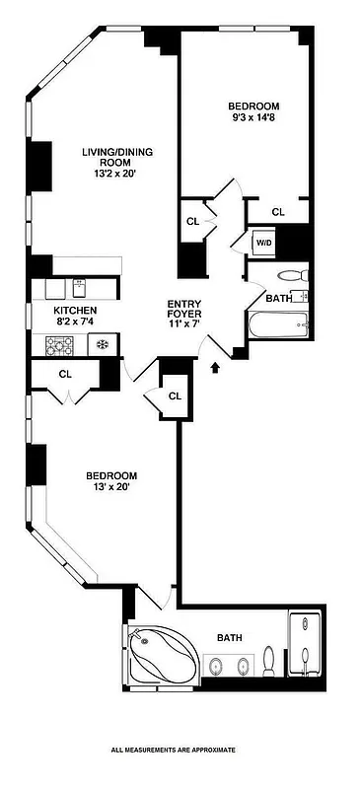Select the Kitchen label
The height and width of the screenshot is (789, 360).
pos(75,309)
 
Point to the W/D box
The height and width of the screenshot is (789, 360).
pos(263,243)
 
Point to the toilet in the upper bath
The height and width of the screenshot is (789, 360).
pos(289,276)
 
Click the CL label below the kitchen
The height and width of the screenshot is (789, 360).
pos(66,374)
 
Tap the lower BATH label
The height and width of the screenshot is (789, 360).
pos(230,638)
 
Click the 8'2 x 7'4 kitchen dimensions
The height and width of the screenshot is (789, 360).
pos(75,321)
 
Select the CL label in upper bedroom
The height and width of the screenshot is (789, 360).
pos(278,211)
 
